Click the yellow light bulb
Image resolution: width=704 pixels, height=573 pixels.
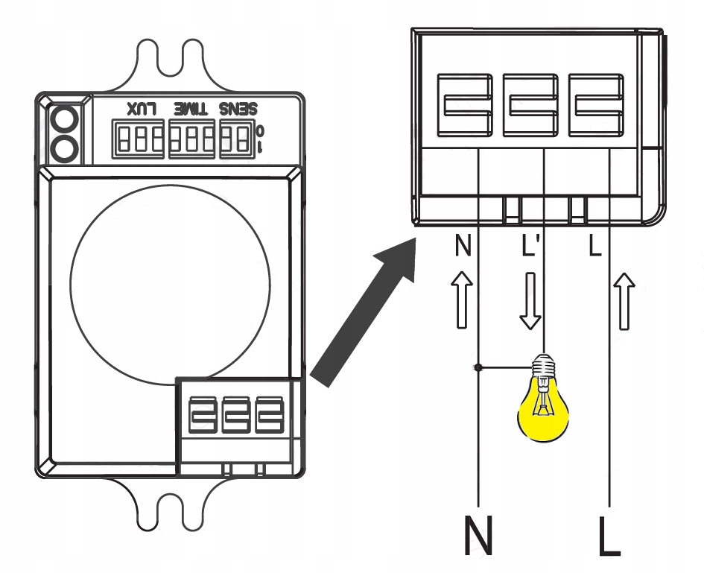pos(544,406)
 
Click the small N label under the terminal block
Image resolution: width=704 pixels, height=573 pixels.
pos(463,247)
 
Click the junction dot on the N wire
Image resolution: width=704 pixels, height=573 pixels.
pos(477,367)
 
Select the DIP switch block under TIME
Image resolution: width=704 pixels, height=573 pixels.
pos(192,139)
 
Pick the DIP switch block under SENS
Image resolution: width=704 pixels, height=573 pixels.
pos(236,139)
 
